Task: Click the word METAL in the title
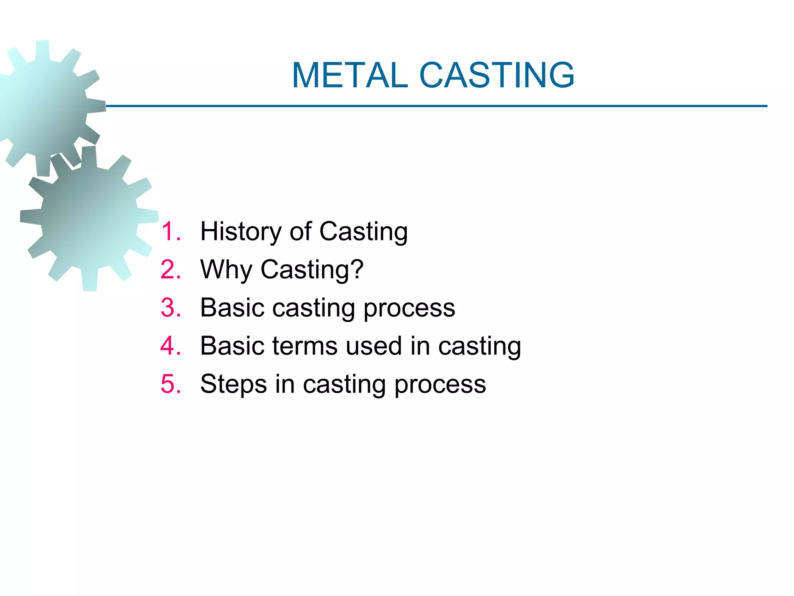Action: click(x=350, y=75)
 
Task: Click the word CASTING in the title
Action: click(x=497, y=75)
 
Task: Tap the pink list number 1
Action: click(x=171, y=232)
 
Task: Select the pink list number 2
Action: click(x=171, y=270)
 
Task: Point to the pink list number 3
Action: click(x=171, y=308)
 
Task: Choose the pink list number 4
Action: click(x=171, y=346)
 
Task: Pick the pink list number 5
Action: click(x=171, y=384)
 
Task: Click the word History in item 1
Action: click(x=241, y=232)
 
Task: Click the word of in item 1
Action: click(x=300, y=232)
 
